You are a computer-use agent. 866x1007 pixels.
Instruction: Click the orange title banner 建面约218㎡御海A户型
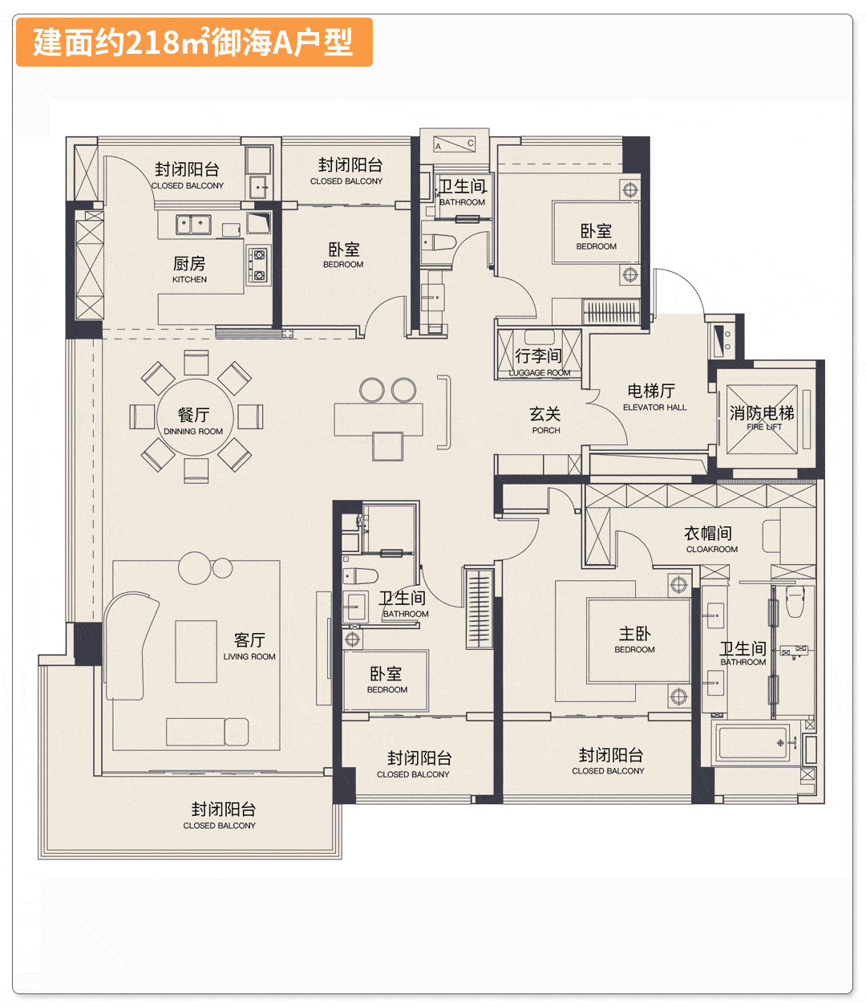pyautogui.click(x=193, y=42)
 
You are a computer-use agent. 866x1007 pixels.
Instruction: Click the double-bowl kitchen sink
pyautogui.click(x=193, y=223)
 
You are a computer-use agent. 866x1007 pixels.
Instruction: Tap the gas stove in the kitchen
pyautogui.click(x=258, y=266)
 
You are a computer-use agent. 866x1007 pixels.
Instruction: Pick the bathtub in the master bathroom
pyautogui.click(x=753, y=742)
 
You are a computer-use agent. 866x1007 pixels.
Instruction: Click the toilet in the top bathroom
pyautogui.click(x=439, y=242)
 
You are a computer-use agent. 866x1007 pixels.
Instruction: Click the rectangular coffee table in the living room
pyautogui.click(x=196, y=651)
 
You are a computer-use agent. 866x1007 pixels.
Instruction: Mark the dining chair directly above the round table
pyautogui.click(x=196, y=363)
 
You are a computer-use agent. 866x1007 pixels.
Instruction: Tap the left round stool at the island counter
pyautogui.click(x=372, y=390)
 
